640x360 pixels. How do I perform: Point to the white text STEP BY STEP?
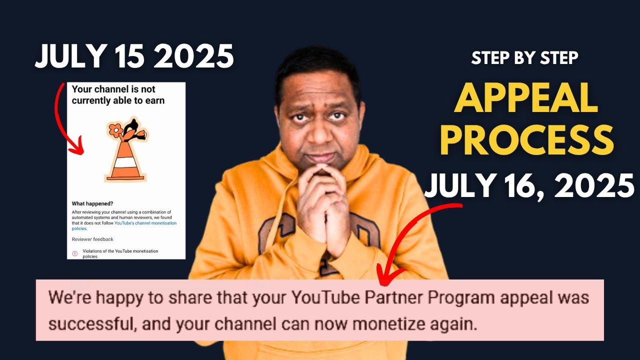coord(524,58)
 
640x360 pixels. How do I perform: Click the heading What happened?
coord(92,203)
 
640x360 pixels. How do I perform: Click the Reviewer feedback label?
coord(92,239)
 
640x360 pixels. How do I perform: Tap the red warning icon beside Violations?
coord(75,253)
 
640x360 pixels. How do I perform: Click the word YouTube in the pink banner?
coord(325,298)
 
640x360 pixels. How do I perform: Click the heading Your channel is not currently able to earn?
coord(118,94)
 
